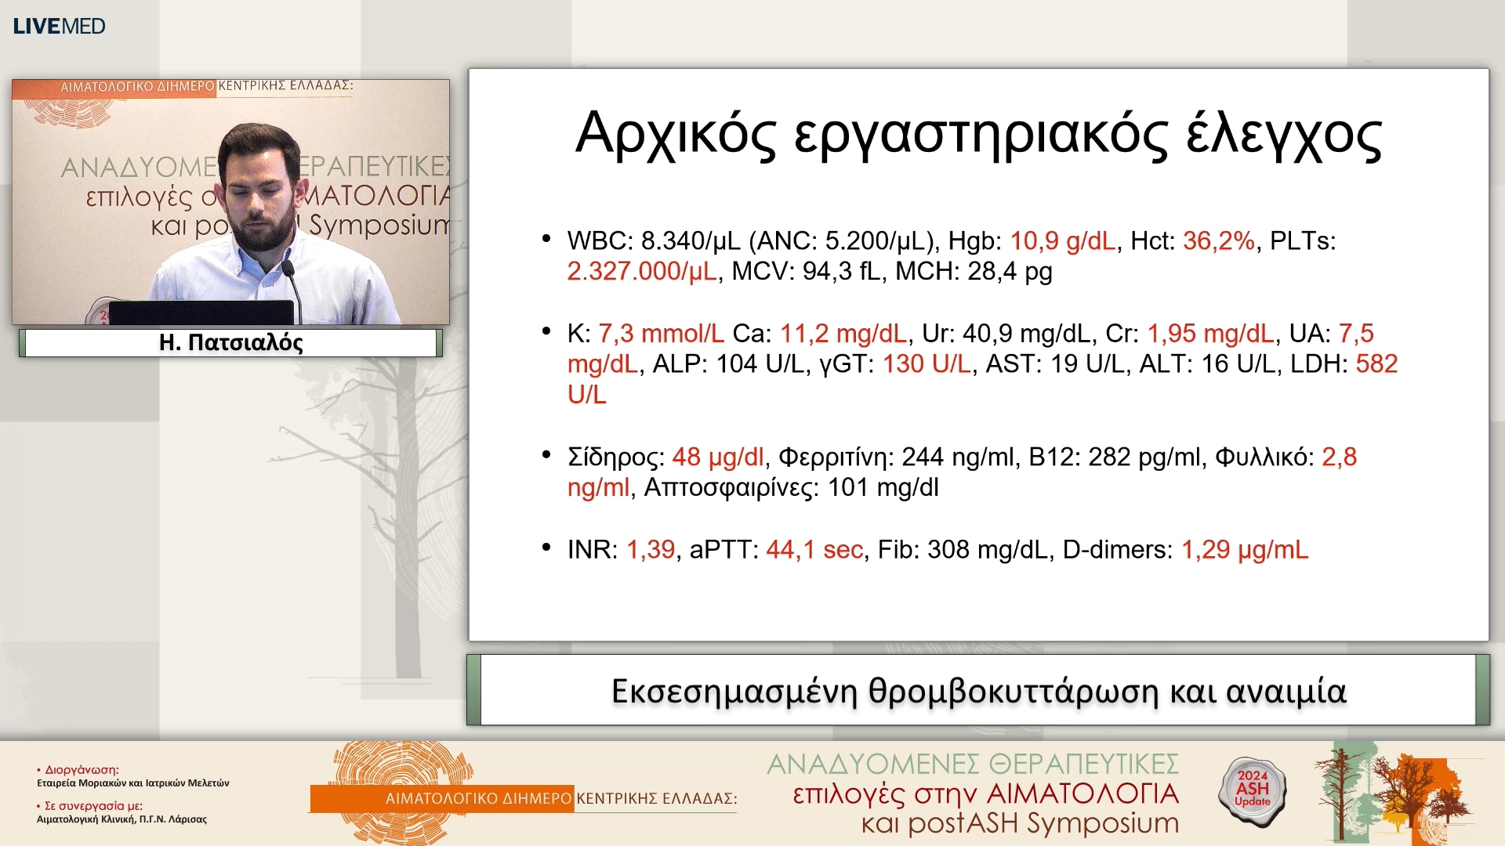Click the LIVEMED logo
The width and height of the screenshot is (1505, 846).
pyautogui.click(x=59, y=26)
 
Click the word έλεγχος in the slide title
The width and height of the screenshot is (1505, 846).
pyautogui.click(x=1283, y=135)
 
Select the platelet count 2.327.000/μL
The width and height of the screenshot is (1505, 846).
pyautogui.click(x=641, y=272)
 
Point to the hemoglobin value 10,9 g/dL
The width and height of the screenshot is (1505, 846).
pyautogui.click(x=1062, y=241)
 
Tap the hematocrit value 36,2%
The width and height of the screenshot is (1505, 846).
pyautogui.click(x=1218, y=241)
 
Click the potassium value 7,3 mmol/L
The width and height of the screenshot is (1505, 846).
pyautogui.click(x=661, y=334)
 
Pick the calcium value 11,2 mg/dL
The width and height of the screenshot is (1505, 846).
pyautogui.click(x=843, y=334)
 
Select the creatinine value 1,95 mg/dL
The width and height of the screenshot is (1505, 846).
pyautogui.click(x=1210, y=334)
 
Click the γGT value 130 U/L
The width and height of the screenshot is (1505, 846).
pyautogui.click(x=927, y=364)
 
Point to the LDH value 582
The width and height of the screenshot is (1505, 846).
pyautogui.click(x=1376, y=364)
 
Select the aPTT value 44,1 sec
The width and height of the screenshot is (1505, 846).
pyautogui.click(x=814, y=550)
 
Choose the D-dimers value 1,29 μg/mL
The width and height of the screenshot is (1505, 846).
pyautogui.click(x=1244, y=550)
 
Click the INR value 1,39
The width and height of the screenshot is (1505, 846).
pyautogui.click(x=650, y=550)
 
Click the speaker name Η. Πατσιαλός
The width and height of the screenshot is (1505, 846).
pyautogui.click(x=230, y=343)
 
